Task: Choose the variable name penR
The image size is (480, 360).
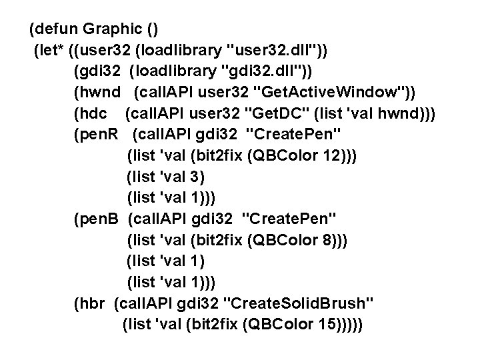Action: [99, 135]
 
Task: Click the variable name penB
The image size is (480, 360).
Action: [99, 220]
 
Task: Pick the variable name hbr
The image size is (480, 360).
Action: [93, 305]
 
